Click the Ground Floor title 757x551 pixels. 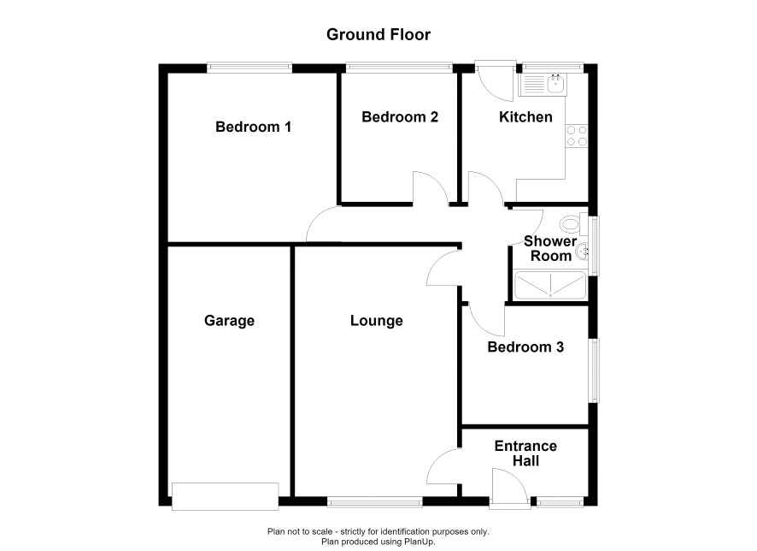(x=378, y=34)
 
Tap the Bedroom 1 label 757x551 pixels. (x=253, y=127)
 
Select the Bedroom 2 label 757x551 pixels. (x=400, y=117)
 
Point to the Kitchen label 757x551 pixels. (x=525, y=117)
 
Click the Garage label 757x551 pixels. (x=229, y=321)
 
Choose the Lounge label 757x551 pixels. (x=377, y=321)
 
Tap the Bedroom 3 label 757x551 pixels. (x=525, y=347)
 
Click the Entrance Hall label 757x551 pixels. (x=525, y=453)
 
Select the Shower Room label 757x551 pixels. (x=550, y=248)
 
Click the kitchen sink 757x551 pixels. (x=543, y=85)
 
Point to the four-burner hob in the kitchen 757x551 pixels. (x=577, y=136)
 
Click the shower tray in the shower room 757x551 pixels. (x=550, y=286)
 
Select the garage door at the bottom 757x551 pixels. (x=225, y=496)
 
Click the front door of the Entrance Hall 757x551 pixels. (x=509, y=489)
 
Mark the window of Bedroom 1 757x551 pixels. (x=249, y=68)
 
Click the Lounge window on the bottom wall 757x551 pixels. (x=375, y=501)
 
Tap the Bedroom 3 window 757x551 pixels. (x=594, y=370)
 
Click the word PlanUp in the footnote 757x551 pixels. (x=420, y=542)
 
